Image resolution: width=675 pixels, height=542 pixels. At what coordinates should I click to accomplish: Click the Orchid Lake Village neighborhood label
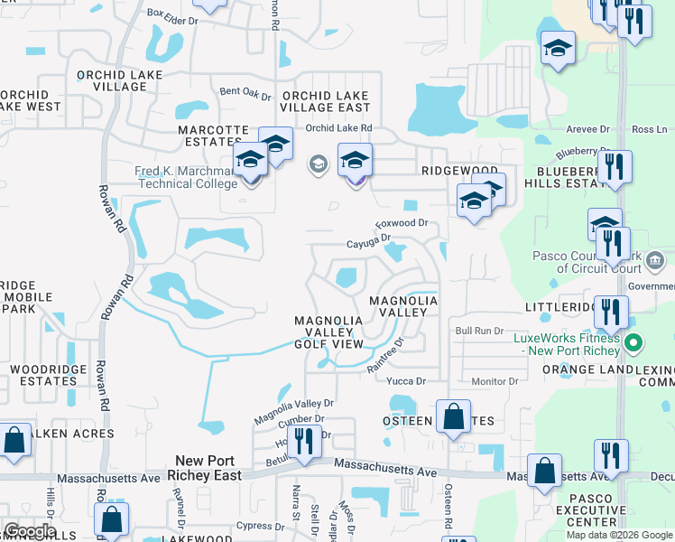click(x=113, y=80)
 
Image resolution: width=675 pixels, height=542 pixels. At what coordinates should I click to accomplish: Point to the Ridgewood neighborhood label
click(x=447, y=170)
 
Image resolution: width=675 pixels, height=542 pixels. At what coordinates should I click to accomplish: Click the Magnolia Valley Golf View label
click(x=329, y=332)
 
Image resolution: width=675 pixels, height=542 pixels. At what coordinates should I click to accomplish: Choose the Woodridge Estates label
click(x=43, y=375)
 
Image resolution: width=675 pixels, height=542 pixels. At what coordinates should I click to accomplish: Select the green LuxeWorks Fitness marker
click(x=633, y=343)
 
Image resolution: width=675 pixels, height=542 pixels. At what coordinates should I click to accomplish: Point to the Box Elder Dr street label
click(x=171, y=14)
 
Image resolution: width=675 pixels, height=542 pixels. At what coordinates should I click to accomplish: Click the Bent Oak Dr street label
click(x=245, y=93)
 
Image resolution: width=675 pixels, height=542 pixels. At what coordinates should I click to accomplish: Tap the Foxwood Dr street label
click(x=401, y=222)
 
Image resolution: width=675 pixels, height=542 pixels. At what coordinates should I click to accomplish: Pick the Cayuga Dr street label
click(x=369, y=242)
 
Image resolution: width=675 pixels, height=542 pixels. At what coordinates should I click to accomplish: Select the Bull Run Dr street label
click(x=478, y=332)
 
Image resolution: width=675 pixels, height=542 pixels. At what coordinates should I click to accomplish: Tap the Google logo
click(x=30, y=531)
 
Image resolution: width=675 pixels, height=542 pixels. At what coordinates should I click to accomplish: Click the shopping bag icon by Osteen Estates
click(x=454, y=416)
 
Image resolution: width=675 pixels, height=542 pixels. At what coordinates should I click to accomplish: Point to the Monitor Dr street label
click(x=495, y=381)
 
